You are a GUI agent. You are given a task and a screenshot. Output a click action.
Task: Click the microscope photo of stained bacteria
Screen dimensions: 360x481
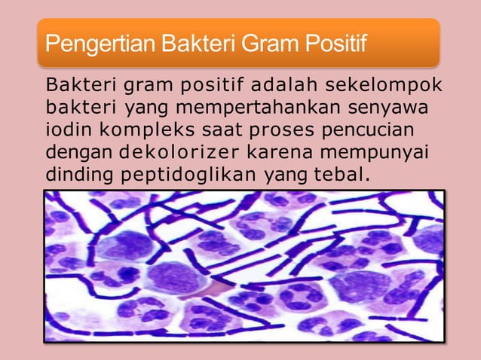(x=244, y=266)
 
